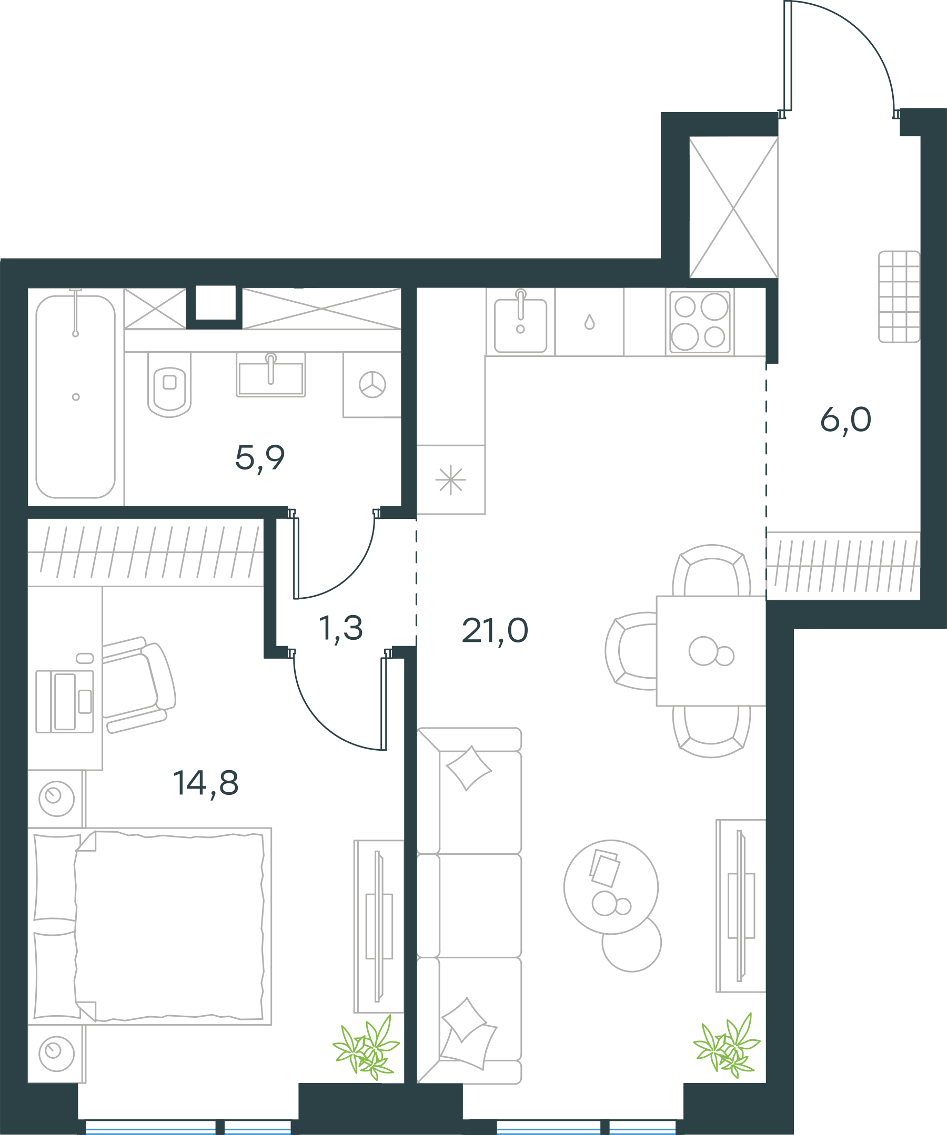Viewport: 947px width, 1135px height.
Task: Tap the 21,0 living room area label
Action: [495, 631]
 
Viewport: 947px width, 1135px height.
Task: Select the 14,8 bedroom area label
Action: [206, 783]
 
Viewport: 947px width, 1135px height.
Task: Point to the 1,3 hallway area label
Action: [341, 629]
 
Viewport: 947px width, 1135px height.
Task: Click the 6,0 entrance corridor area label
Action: [846, 420]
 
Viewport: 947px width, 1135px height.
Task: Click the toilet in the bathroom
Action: [169, 384]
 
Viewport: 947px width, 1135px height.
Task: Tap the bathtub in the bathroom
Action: [76, 397]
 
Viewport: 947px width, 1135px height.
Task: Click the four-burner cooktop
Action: [700, 322]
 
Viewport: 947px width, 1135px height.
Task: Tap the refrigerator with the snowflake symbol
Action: [450, 479]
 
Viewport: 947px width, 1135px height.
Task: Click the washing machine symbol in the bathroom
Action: [372, 385]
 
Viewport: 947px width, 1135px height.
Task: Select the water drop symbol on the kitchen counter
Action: [590, 322]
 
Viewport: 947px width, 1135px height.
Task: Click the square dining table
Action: [711, 651]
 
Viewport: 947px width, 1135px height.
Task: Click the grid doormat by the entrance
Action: [900, 296]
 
